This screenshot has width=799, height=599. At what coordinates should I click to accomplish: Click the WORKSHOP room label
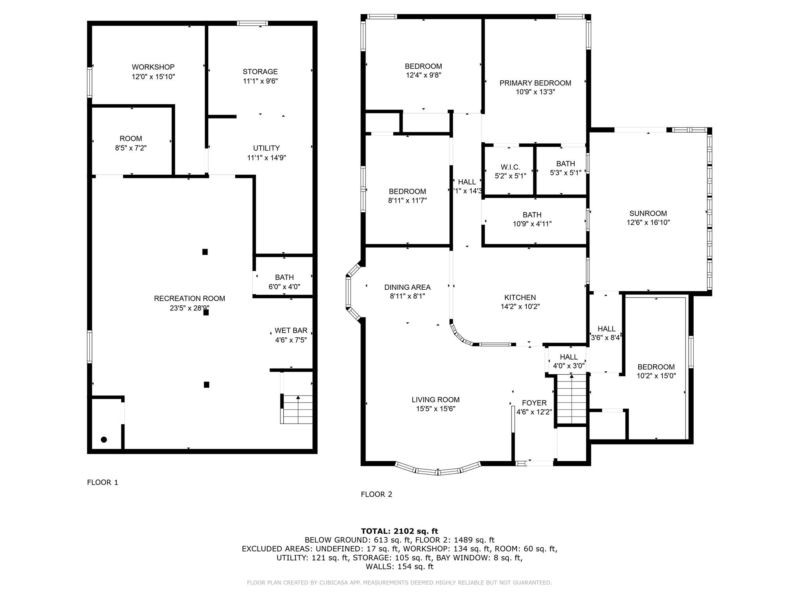[153, 67]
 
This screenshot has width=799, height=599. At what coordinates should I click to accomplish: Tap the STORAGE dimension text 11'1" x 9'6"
[260, 81]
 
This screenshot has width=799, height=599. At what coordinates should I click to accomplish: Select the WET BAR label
[291, 330]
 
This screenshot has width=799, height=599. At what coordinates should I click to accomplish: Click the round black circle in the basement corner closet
[104, 440]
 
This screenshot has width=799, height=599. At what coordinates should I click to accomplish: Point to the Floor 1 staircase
[297, 409]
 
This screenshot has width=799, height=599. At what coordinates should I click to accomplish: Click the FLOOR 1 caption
[102, 482]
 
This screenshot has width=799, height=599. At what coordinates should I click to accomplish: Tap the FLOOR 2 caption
[376, 494]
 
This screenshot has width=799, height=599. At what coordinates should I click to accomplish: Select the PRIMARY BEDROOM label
[535, 83]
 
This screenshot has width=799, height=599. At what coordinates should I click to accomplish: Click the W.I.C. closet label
[510, 167]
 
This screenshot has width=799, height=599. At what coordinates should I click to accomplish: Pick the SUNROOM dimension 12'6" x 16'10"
[648, 223]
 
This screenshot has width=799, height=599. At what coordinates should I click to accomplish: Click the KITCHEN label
[520, 298]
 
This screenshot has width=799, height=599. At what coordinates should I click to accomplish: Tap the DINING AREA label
[407, 287]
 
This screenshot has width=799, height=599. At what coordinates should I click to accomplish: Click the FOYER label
[534, 403]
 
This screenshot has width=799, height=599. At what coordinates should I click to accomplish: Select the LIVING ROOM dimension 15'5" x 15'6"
[435, 409]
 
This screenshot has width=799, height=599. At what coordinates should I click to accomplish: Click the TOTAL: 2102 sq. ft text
[399, 531]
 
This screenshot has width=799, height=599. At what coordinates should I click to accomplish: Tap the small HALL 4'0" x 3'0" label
[568, 357]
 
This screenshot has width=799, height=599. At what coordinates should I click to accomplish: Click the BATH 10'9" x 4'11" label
[532, 215]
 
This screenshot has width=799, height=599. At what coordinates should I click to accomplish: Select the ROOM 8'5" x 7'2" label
[131, 138]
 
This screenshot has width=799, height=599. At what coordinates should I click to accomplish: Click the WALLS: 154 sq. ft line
[399, 567]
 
